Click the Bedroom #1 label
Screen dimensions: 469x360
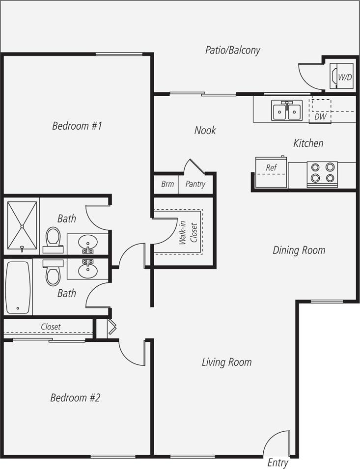pyautogui.click(x=77, y=126)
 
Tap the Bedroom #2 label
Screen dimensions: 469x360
pyautogui.click(x=75, y=397)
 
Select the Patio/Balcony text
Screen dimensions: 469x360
pyautogui.click(x=232, y=50)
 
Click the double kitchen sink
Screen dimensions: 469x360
pyautogui.click(x=287, y=110)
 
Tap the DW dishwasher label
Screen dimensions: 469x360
pyautogui.click(x=320, y=117)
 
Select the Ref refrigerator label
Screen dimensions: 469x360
pyautogui.click(x=271, y=168)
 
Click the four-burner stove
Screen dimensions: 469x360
pyautogui.click(x=322, y=173)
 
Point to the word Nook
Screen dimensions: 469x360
pyautogui.click(x=205, y=131)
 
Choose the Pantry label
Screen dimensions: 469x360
pyautogui.click(x=195, y=185)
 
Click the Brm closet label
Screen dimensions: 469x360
pyautogui.click(x=167, y=185)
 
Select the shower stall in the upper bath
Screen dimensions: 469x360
pyautogui.click(x=22, y=225)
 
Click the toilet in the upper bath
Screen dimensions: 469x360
pyautogui.click(x=53, y=240)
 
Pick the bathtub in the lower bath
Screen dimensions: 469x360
pyautogui.click(x=18, y=287)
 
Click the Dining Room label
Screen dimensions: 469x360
pyautogui.click(x=299, y=250)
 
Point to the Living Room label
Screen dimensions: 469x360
pyautogui.click(x=226, y=362)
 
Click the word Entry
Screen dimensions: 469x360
pyautogui.click(x=277, y=463)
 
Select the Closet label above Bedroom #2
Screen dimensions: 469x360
pyautogui.click(x=51, y=327)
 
